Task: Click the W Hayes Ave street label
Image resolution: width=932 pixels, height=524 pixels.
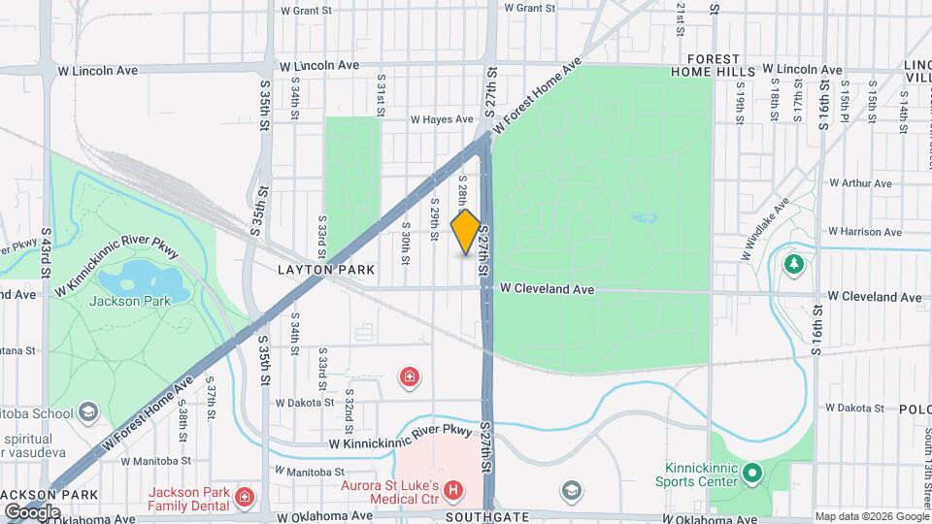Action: (441, 120)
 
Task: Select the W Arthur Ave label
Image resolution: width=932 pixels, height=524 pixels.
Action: (867, 182)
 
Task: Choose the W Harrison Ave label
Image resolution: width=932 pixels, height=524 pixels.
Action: (863, 232)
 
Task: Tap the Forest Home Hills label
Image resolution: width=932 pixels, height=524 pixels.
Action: (713, 65)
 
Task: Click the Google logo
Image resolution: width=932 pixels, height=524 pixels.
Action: (31, 511)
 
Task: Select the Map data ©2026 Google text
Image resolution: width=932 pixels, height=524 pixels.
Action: (871, 516)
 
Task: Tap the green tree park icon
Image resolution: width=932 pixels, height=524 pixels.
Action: (794, 263)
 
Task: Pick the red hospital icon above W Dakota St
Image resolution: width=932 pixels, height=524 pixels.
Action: (411, 376)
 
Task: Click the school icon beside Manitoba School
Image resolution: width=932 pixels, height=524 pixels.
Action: (89, 411)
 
